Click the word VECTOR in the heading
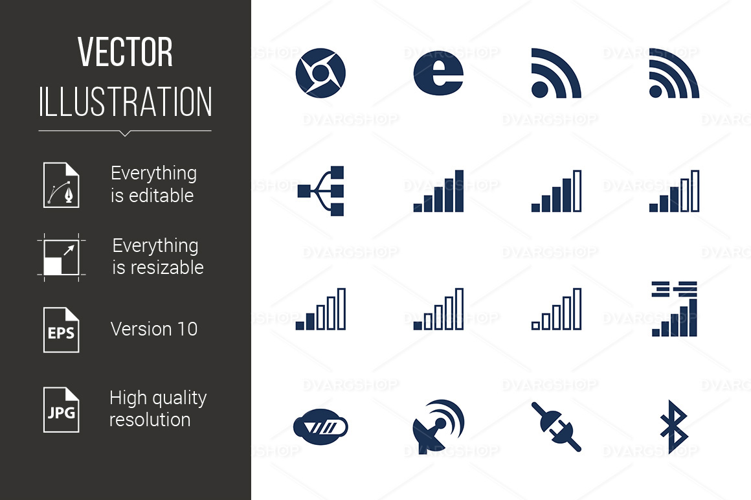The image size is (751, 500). pyautogui.click(x=125, y=52)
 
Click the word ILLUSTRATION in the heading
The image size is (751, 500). pyautogui.click(x=125, y=102)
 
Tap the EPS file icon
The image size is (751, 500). pyautogui.click(x=62, y=330)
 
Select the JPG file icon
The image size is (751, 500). pyautogui.click(x=62, y=410)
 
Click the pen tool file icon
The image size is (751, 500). pyautogui.click(x=62, y=185)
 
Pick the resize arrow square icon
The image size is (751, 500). pyautogui.click(x=62, y=257)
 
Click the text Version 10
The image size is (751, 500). pyautogui.click(x=153, y=329)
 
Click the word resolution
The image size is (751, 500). pyautogui.click(x=150, y=420)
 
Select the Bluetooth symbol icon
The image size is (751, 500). pyautogui.click(x=675, y=427)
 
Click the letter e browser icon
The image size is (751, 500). pyautogui.click(x=438, y=73)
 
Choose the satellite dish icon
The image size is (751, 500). pyautogui.click(x=438, y=427)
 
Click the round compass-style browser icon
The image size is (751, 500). pyautogui.click(x=320, y=73)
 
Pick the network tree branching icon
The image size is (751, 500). pyautogui.click(x=320, y=191)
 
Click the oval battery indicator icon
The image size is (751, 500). pyautogui.click(x=320, y=427)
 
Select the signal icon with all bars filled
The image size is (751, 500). pyautogui.click(x=438, y=190)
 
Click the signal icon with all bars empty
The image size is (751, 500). pyautogui.click(x=557, y=309)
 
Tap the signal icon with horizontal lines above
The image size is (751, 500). pyautogui.click(x=675, y=309)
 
